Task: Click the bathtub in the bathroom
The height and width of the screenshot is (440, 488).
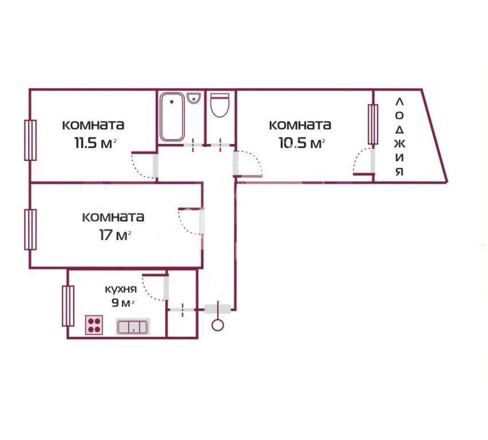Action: [172, 117]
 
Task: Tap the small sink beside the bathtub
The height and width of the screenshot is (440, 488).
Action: [194, 99]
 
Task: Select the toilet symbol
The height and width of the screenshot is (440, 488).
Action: [220, 105]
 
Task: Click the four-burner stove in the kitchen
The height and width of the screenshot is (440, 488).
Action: [94, 325]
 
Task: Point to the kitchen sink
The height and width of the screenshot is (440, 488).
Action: [133, 327]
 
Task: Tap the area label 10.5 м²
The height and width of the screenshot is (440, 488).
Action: [302, 144]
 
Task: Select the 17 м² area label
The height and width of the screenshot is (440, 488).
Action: [115, 235]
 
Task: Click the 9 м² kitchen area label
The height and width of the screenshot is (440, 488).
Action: [123, 302]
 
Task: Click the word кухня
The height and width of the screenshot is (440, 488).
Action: [121, 289]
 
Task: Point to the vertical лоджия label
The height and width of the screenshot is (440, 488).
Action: [400, 137]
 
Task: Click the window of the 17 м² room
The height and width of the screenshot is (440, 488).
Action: [30, 230]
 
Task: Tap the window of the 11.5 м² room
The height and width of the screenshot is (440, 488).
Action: [30, 140]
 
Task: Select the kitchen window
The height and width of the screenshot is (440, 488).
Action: [68, 306]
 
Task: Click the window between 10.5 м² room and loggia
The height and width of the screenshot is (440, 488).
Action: [373, 124]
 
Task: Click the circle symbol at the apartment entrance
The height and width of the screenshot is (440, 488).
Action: [218, 325]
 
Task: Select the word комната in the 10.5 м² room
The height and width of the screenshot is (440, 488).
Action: [300, 125]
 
